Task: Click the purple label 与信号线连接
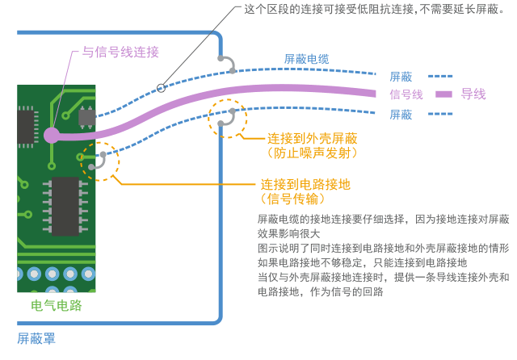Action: click(120, 52)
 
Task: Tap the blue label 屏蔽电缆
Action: click(306, 59)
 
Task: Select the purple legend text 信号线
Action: click(406, 94)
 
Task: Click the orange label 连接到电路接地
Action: click(305, 184)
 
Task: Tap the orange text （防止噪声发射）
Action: click(312, 153)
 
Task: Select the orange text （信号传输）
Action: click(293, 199)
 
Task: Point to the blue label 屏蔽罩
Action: click(36, 339)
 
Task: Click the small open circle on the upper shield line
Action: click(161, 86)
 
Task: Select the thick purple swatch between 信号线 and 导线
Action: click(443, 94)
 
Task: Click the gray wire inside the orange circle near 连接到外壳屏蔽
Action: click(225, 118)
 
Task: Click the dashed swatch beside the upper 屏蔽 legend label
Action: click(439, 77)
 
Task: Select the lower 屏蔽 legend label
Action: click(401, 115)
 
